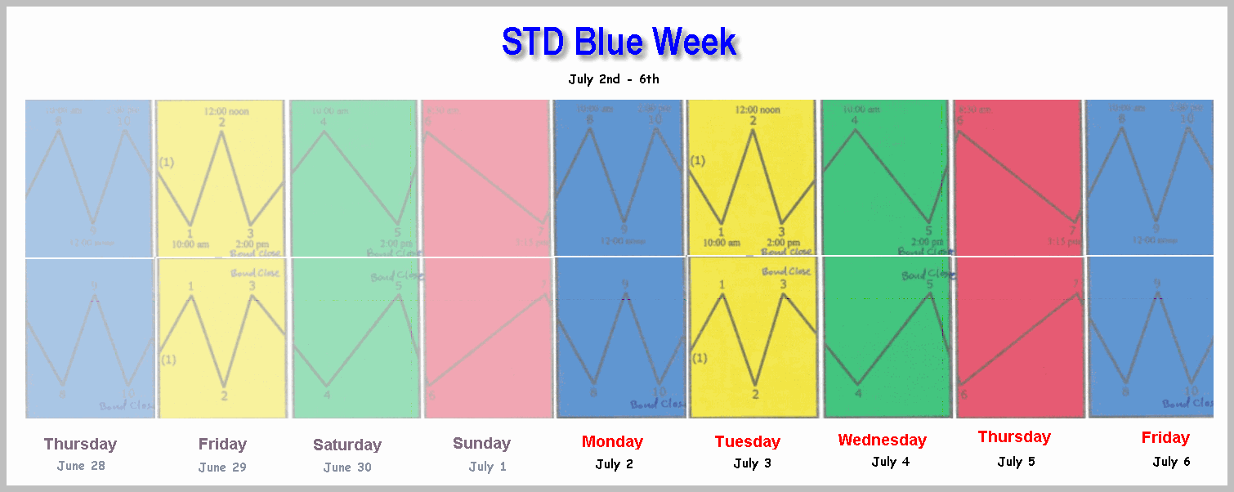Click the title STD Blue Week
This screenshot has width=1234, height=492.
point(619,42)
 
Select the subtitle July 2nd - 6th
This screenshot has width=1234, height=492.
point(613,79)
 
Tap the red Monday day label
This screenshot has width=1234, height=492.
point(612,442)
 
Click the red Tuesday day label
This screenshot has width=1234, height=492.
point(747,442)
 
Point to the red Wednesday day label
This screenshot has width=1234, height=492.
point(882,441)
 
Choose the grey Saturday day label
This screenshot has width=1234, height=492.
point(347,445)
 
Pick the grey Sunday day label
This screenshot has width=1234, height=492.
point(481,444)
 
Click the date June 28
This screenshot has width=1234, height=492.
point(81,466)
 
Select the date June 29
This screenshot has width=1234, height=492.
point(222,467)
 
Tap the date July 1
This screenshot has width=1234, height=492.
point(487,467)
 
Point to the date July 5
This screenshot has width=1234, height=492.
point(1016,462)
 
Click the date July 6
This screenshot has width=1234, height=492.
point(1171,462)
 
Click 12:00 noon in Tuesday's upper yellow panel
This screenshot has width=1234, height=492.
point(758,110)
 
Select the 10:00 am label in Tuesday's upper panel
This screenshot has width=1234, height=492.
point(720,243)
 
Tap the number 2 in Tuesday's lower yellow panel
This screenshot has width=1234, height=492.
point(754,395)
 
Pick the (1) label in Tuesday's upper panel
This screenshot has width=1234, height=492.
point(697,161)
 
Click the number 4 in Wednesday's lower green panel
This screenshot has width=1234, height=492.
point(857,394)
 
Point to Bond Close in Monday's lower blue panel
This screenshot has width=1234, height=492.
point(658,404)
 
